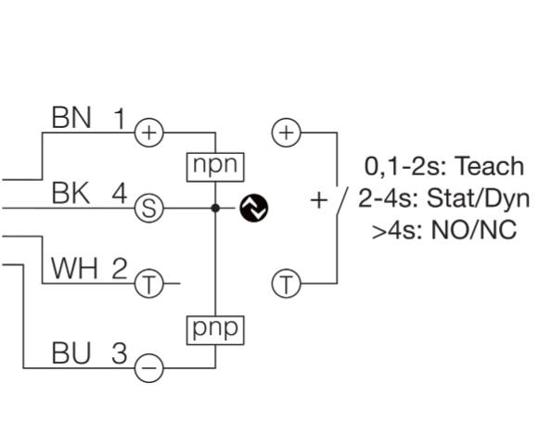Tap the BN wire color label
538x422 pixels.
click(71, 118)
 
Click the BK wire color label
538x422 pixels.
click(70, 193)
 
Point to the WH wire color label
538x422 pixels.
click(74, 268)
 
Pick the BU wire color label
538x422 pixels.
click(71, 352)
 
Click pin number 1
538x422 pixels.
click(120, 119)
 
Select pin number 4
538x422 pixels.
click(120, 194)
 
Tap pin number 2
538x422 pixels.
click(120, 268)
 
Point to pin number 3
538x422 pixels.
click(120, 352)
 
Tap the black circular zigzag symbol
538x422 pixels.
click(254, 208)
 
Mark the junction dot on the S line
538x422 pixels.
click(215, 208)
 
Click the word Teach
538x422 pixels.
click(489, 166)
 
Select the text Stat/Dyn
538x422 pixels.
click(479, 198)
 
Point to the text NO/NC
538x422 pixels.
click(474, 230)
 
